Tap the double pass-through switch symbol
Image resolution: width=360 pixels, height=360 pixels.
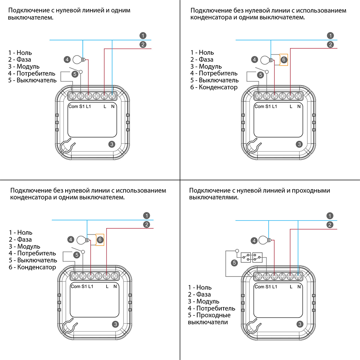click(x=252, y=257)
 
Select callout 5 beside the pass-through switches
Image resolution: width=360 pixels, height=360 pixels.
click(x=234, y=263)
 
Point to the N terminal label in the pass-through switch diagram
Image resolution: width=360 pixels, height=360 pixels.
click(x=299, y=287)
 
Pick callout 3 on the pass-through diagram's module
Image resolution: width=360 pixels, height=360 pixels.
click(x=300, y=324)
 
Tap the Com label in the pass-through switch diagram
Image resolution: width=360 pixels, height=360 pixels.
click(x=259, y=287)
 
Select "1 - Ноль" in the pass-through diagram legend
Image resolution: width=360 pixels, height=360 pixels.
click(x=200, y=287)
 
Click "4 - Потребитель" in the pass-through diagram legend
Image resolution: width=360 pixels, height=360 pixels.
click(x=212, y=308)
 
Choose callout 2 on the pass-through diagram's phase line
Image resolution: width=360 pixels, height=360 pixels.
click(x=330, y=225)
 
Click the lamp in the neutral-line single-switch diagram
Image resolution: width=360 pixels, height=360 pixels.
click(x=77, y=59)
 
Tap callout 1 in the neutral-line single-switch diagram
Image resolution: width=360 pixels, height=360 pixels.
click(x=143, y=36)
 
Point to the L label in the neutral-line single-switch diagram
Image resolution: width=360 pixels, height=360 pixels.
click(x=105, y=107)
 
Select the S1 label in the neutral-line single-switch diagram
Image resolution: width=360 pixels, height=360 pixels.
click(x=81, y=107)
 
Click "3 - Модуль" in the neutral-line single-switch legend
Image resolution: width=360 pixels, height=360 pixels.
click(x=24, y=66)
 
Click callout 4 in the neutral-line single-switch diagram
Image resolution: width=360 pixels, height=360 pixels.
click(x=67, y=59)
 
